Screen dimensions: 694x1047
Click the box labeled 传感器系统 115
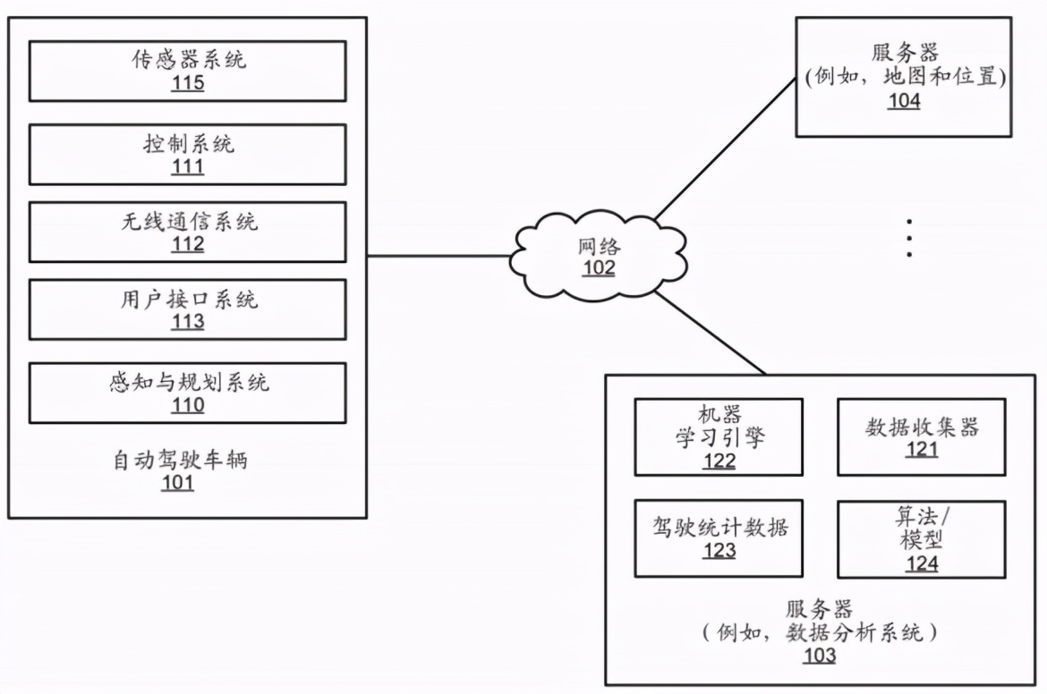(x=187, y=71)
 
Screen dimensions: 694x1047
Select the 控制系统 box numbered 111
(x=187, y=154)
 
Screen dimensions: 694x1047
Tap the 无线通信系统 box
(x=187, y=232)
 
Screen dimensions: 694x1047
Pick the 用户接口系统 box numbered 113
(x=187, y=309)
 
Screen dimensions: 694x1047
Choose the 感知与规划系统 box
(x=187, y=393)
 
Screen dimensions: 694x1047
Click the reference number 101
(x=177, y=485)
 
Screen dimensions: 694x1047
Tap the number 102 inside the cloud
(x=599, y=268)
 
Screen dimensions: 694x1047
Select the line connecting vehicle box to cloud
(x=438, y=257)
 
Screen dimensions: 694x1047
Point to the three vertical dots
(x=909, y=237)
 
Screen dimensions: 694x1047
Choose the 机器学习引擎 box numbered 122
(x=719, y=436)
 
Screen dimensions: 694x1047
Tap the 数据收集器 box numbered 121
(x=921, y=436)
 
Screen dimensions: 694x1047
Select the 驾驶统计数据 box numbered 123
(x=719, y=537)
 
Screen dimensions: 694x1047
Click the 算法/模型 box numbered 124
(x=921, y=537)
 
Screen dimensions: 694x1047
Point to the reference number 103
(x=819, y=656)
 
